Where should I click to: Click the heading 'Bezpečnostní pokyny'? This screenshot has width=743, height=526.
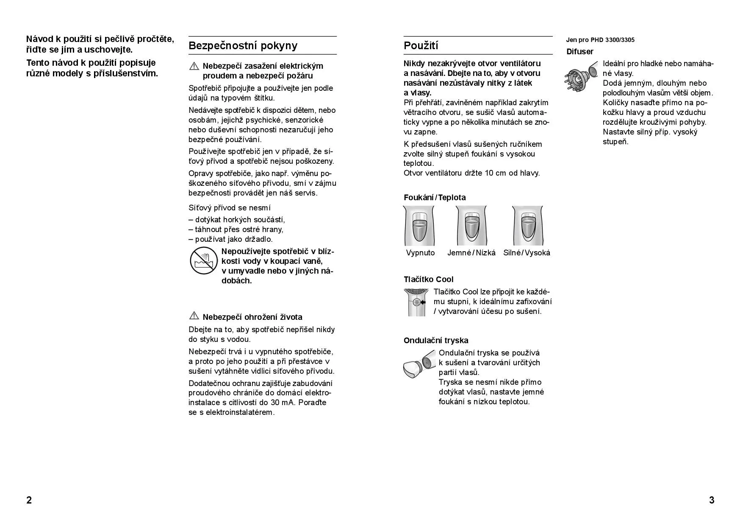[243, 46]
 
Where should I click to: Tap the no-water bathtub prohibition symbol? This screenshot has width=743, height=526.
[203, 261]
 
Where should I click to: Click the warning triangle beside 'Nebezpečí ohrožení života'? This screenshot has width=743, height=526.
[194, 316]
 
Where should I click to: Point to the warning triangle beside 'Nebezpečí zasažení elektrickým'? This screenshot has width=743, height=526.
[194, 66]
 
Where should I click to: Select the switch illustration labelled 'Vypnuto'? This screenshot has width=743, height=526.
[419, 226]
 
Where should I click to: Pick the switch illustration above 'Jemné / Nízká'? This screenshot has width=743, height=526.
[471, 226]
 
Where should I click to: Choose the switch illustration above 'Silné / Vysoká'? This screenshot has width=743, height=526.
[527, 226]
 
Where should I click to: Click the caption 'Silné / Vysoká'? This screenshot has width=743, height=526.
[527, 253]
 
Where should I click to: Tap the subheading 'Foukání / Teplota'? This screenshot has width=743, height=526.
[435, 198]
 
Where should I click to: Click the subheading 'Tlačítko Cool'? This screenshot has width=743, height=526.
[428, 280]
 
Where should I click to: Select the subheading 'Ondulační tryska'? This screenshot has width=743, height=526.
[436, 341]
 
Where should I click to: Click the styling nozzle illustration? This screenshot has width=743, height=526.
[419, 364]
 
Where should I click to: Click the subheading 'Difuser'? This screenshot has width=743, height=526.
[580, 52]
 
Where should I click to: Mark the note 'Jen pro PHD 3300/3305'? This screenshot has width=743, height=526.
[600, 40]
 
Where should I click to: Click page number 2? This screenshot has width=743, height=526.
[29, 500]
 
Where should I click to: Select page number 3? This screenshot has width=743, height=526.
[712, 500]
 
